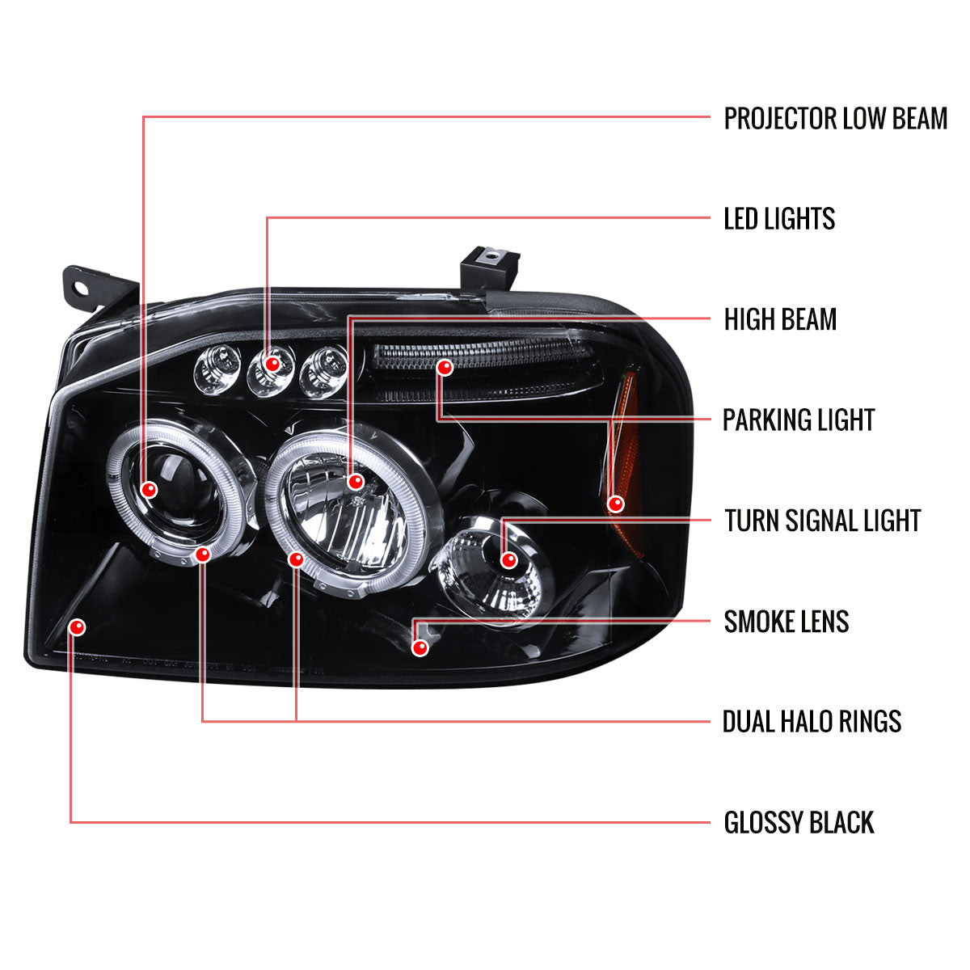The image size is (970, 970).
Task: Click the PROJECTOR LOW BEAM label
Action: tap(835, 118)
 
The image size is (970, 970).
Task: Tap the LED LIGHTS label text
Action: tap(779, 218)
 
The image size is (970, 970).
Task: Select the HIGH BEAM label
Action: tap(780, 319)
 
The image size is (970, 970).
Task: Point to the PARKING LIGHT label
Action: tap(799, 420)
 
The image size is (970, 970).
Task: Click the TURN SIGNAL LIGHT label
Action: tap(822, 521)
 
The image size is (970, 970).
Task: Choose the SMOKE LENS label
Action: tap(786, 622)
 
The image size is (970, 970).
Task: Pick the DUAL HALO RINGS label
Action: tap(812, 721)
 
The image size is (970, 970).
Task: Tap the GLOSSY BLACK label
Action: tap(799, 823)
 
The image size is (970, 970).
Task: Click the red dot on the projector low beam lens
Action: tap(149, 489)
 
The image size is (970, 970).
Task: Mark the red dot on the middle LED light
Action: tap(272, 365)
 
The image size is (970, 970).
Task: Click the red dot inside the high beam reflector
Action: tap(355, 483)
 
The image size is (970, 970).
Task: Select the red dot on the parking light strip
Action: tap(444, 368)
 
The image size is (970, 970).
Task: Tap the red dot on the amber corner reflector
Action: tap(616, 504)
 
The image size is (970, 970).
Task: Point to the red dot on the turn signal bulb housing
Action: tap(508, 559)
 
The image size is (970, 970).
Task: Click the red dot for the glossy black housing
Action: tap(78, 626)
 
